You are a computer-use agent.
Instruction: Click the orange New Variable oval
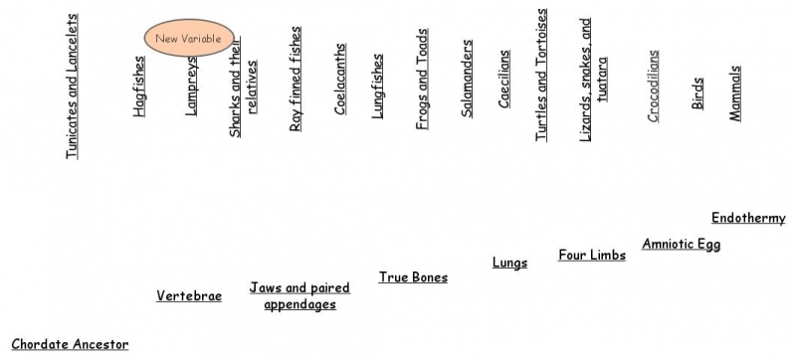click(x=189, y=39)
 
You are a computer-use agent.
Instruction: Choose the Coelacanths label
click(x=340, y=80)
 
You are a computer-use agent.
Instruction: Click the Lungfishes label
click(x=377, y=87)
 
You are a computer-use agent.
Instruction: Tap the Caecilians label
click(x=504, y=80)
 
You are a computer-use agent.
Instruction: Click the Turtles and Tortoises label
click(x=541, y=77)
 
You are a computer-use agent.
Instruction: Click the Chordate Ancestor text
click(x=70, y=345)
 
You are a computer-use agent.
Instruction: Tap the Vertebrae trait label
click(x=189, y=296)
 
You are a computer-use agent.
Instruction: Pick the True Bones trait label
click(x=413, y=277)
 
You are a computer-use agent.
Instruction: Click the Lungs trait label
click(x=509, y=264)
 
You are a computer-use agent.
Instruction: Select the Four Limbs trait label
click(x=592, y=256)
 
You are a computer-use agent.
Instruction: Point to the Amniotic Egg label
click(x=681, y=245)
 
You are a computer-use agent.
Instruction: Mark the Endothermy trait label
click(x=748, y=219)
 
